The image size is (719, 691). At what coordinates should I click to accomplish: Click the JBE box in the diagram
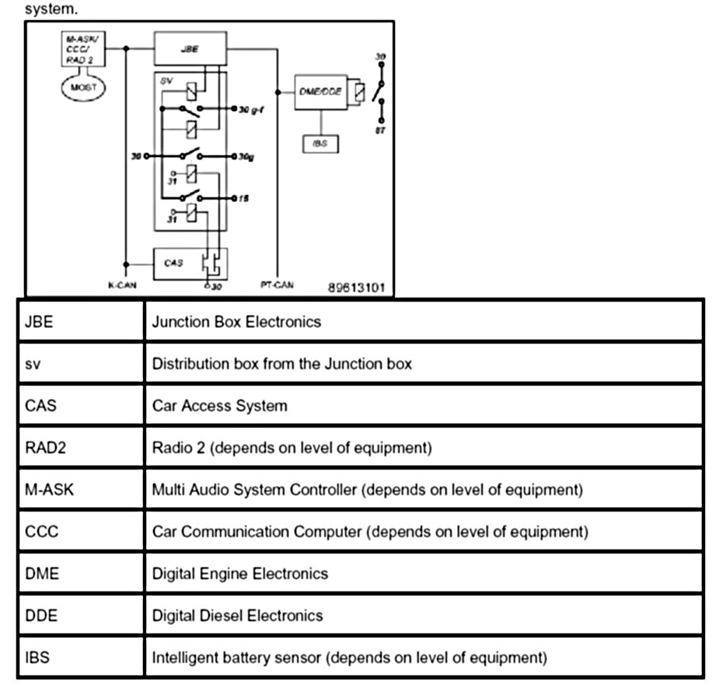(190, 48)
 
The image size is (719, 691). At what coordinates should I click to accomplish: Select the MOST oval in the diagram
(83, 88)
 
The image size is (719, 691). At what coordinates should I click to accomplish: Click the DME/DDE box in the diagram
(320, 92)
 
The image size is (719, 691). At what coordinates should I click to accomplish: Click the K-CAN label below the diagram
(122, 285)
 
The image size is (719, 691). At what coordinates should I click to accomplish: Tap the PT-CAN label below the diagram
(277, 285)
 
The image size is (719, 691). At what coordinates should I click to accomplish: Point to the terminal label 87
(381, 131)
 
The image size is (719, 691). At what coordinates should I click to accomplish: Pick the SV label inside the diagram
(165, 80)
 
